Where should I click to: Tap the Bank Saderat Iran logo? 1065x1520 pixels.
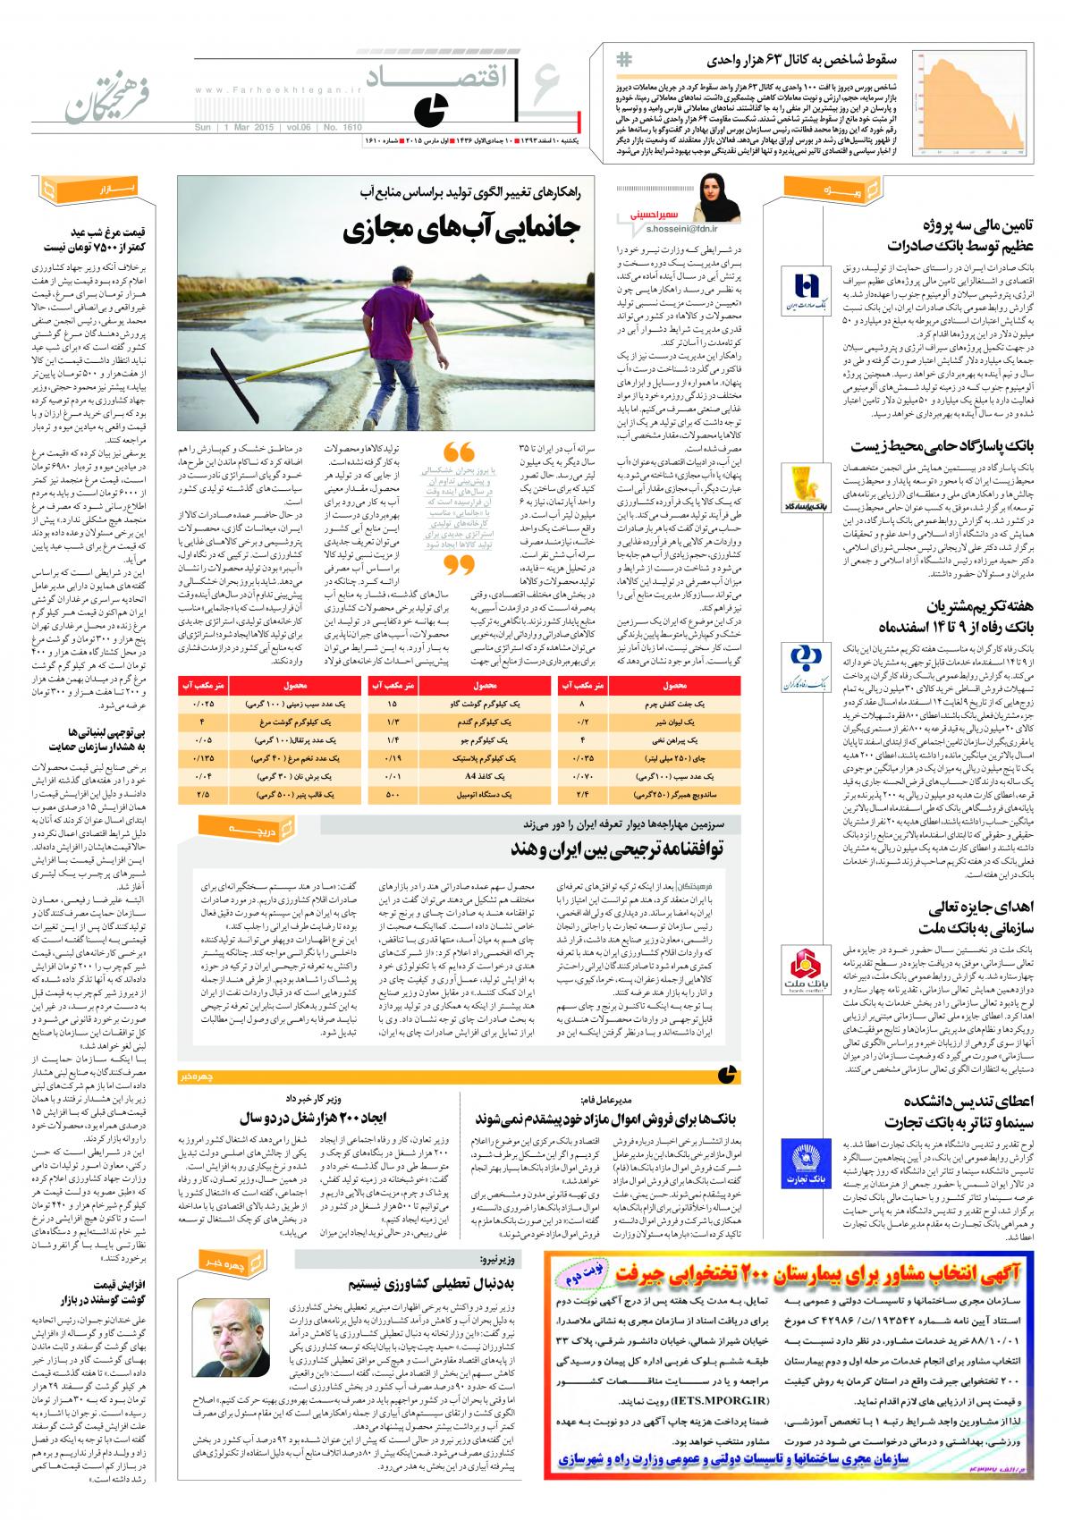tap(810, 291)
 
